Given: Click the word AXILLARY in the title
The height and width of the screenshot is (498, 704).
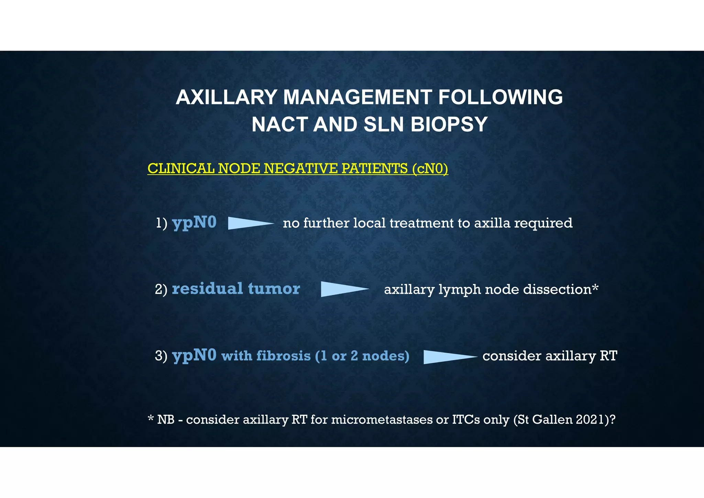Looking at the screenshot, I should [x=226, y=97].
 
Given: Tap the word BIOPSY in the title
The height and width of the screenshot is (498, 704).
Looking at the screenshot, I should [x=449, y=124].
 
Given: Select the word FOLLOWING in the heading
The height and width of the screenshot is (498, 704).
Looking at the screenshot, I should [x=500, y=97].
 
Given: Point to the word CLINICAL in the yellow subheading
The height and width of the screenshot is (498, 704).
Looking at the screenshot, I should [x=181, y=169].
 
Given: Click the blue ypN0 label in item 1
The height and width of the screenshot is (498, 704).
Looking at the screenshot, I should [x=194, y=223].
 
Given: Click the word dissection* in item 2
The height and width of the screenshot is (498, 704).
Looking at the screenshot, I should [x=561, y=289].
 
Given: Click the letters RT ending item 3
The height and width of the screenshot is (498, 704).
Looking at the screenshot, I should [x=608, y=356].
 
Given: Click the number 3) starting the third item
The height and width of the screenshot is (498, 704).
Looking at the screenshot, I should [x=161, y=356].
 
